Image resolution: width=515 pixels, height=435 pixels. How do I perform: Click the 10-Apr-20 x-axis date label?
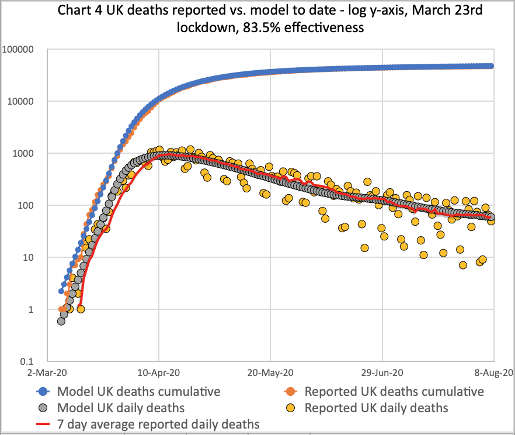[x=158, y=373]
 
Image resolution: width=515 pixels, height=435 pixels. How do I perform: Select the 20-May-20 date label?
[x=269, y=373]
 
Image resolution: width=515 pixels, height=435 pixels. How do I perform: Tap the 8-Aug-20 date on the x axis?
[x=492, y=373]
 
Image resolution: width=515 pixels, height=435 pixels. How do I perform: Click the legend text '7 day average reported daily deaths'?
[x=158, y=423]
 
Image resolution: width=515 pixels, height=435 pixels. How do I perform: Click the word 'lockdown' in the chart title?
[x=207, y=27]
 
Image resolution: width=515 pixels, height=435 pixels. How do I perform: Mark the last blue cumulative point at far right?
[x=491, y=66]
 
